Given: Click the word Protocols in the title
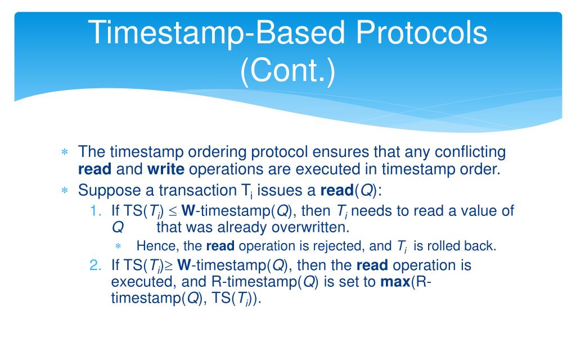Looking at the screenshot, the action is click(421, 33).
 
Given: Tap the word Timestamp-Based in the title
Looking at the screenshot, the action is click(217, 33).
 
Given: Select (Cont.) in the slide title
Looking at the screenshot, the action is click(287, 70).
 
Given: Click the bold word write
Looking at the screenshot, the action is click(166, 169).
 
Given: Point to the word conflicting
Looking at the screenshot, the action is click(470, 152).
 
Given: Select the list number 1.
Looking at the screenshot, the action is click(95, 211).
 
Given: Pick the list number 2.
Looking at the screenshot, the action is click(95, 265).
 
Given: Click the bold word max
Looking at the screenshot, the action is click(395, 282).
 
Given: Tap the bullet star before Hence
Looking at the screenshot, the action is click(118, 246).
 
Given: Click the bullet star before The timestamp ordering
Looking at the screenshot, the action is click(65, 152).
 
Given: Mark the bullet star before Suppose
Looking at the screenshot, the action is click(65, 190).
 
